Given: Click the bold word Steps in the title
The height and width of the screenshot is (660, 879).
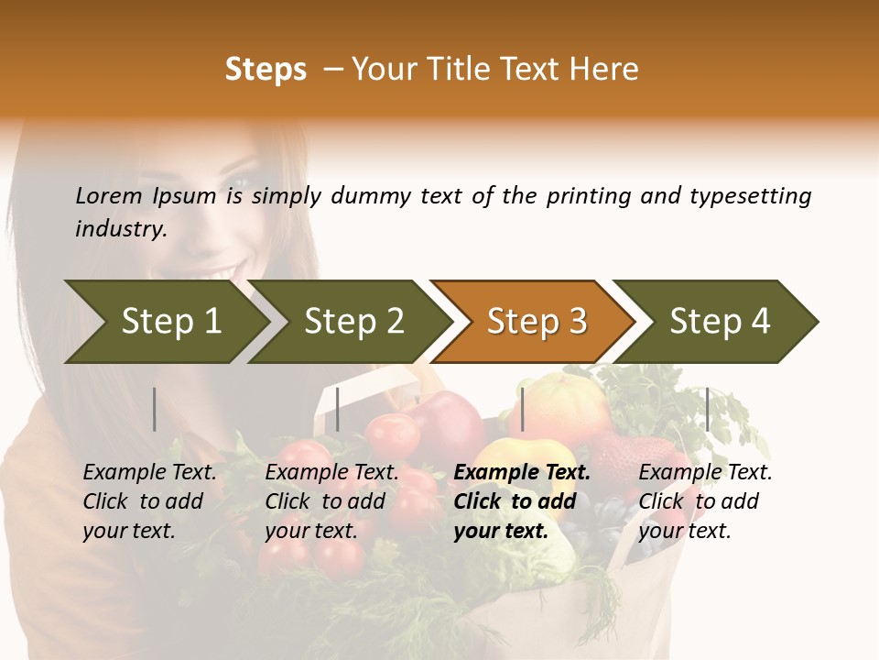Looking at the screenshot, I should pyautogui.click(x=266, y=70).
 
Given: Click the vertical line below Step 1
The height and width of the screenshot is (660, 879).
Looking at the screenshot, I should pyautogui.click(x=155, y=409).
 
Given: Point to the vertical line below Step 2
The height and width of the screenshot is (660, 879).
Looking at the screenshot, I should pyautogui.click(x=338, y=409).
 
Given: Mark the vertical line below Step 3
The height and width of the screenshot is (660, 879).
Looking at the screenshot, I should pyautogui.click(x=522, y=409).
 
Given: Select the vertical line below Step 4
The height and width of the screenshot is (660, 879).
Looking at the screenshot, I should pyautogui.click(x=707, y=409).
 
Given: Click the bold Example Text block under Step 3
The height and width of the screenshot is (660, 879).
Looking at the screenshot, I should pyautogui.click(x=522, y=501).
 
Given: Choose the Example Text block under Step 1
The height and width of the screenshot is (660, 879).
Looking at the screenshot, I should pyautogui.click(x=150, y=501).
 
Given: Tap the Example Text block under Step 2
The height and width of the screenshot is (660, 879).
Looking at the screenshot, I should pyautogui.click(x=331, y=501).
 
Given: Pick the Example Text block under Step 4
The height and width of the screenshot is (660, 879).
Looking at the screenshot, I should pyautogui.click(x=705, y=501).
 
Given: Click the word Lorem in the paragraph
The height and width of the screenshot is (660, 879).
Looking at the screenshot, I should pyautogui.click(x=109, y=195).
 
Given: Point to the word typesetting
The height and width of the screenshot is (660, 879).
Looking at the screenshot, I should pyautogui.click(x=750, y=196).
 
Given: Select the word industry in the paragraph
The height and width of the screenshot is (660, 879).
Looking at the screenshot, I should pyautogui.click(x=120, y=229).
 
